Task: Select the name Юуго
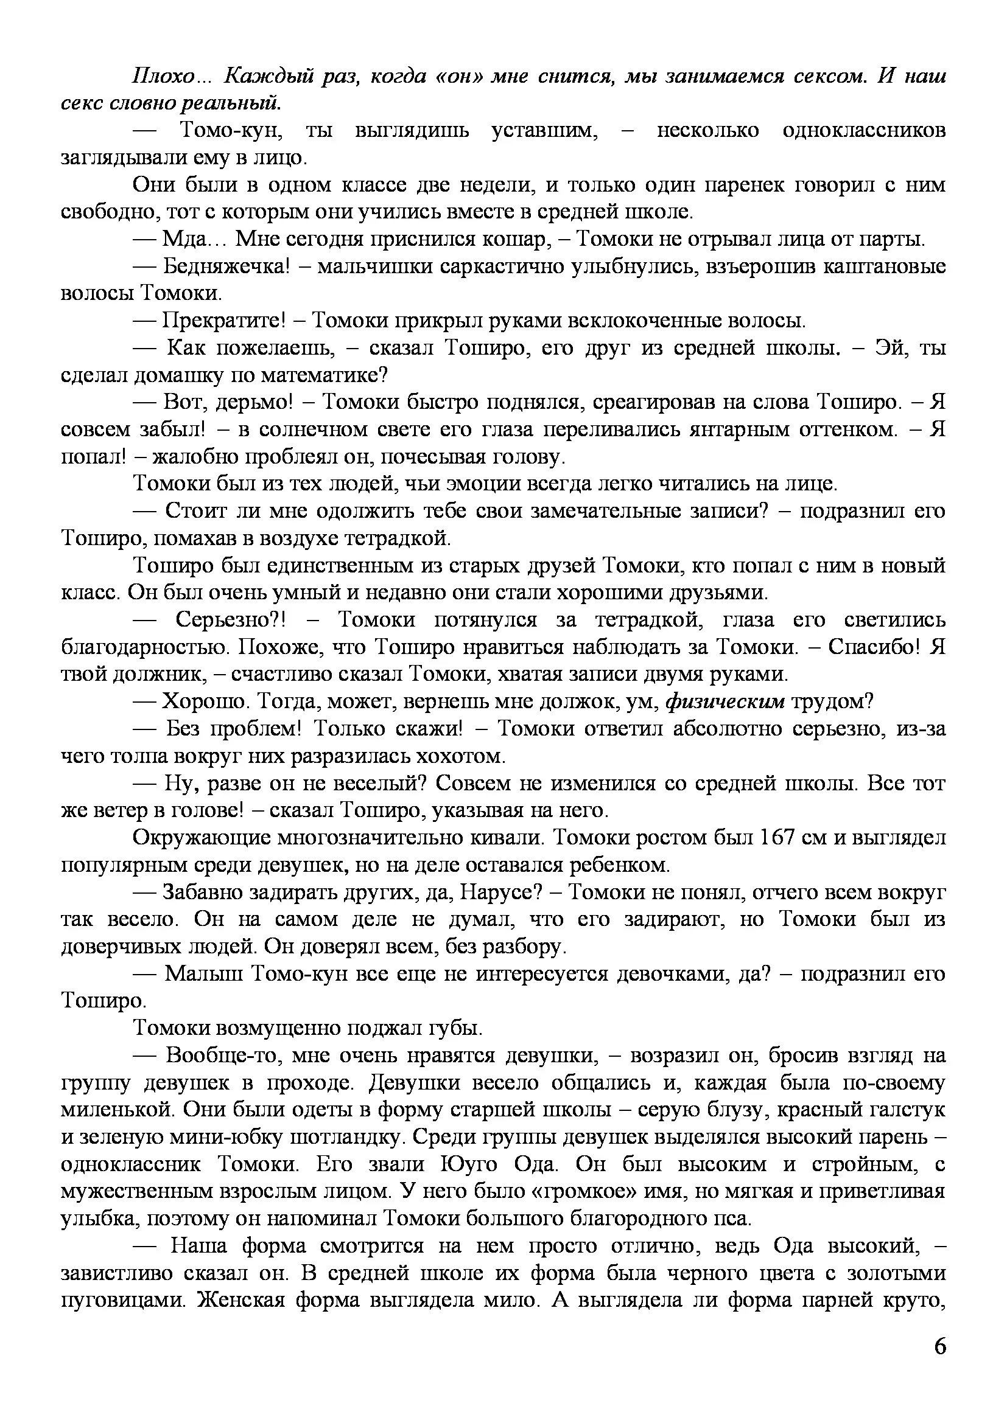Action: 468,1164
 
